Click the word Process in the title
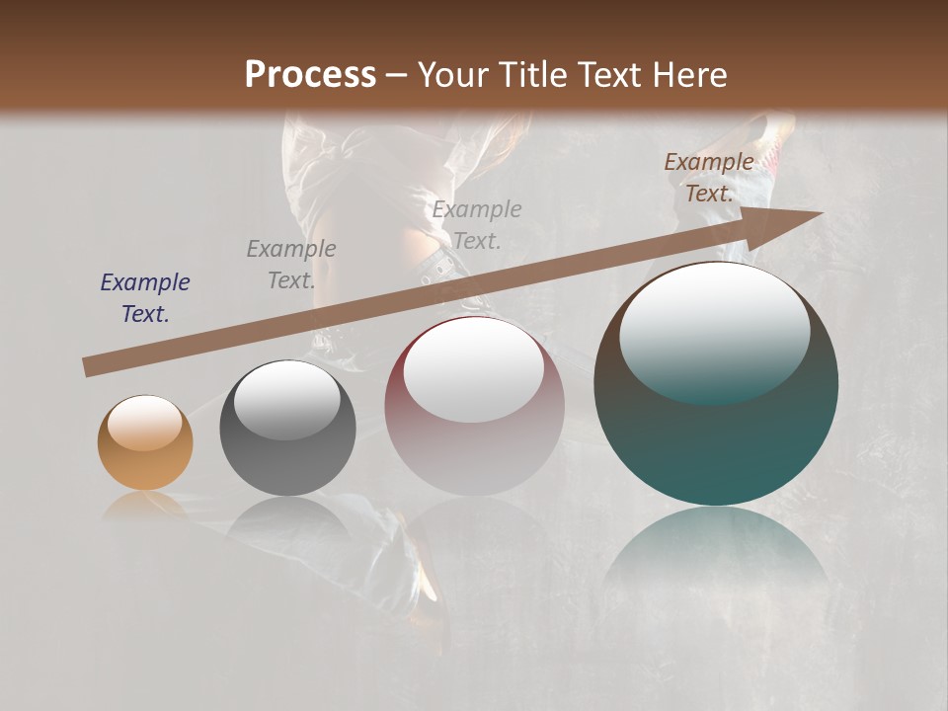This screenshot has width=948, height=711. click(x=310, y=75)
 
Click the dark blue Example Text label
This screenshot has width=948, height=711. click(x=144, y=298)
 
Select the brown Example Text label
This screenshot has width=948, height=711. click(x=708, y=178)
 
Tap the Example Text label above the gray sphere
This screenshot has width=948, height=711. click(x=290, y=265)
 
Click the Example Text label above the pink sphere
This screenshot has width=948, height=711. click(x=477, y=225)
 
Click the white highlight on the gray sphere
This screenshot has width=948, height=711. click(x=286, y=399)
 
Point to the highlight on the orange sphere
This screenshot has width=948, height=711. click(x=145, y=423)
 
